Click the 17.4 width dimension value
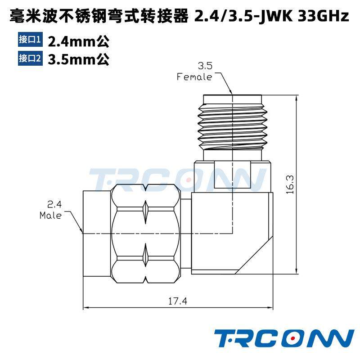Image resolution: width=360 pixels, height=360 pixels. (x=177, y=301)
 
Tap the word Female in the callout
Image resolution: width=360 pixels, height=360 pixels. (x=194, y=77)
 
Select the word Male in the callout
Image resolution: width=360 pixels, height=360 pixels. (x=50, y=215)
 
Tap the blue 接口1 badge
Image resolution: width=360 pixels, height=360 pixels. (x=30, y=40)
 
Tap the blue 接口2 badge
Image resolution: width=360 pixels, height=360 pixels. (x=30, y=58)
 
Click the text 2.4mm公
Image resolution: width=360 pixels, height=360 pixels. (x=78, y=41)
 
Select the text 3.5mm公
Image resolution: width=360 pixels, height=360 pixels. (x=78, y=59)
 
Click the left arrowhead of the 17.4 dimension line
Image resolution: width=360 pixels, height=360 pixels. (x=85, y=308)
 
